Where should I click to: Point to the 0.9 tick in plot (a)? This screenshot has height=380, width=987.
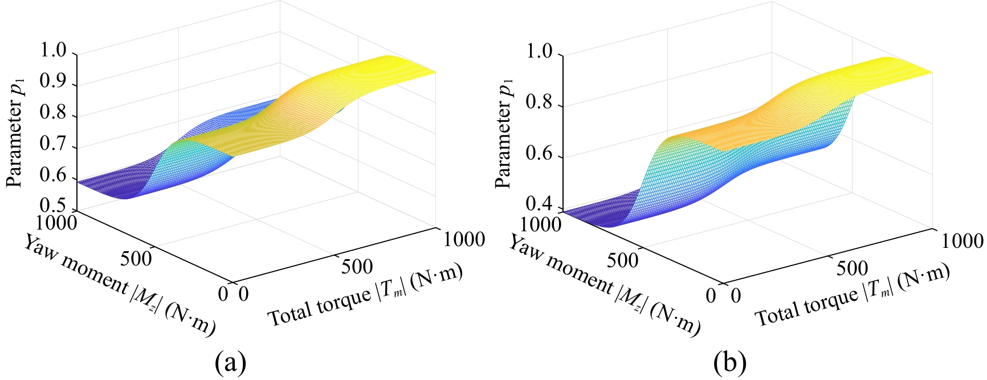(x=55, y=85)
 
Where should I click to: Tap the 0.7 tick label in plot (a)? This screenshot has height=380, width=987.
(x=55, y=147)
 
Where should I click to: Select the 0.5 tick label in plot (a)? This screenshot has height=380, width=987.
(x=55, y=207)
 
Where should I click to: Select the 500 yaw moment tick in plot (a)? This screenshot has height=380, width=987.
(x=137, y=259)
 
